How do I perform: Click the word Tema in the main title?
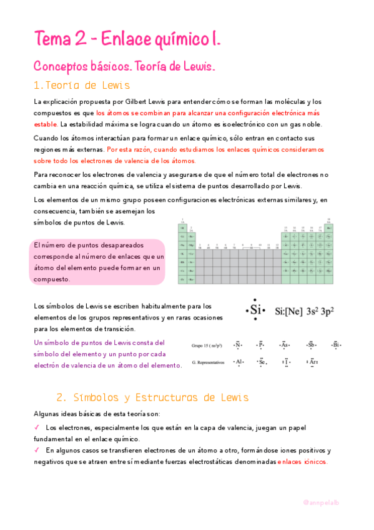52,39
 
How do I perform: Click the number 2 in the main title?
79,39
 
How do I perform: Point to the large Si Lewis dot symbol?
254,309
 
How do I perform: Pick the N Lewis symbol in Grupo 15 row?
237,344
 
